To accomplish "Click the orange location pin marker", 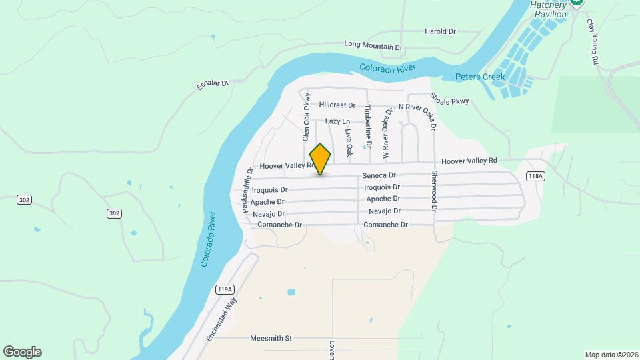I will [x=320, y=159].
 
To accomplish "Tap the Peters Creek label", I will [x=480, y=77].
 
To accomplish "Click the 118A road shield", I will [x=535, y=176].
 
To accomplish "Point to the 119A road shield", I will [x=225, y=289].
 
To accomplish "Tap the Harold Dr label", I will [x=440, y=31].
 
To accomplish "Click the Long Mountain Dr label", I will [x=373, y=46].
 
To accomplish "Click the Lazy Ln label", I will [x=337, y=121].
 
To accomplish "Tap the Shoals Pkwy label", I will [x=450, y=98].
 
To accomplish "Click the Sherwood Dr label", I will [x=434, y=191].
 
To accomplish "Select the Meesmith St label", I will [x=271, y=339].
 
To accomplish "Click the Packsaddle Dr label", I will [x=246, y=191].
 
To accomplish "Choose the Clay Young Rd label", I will [x=591, y=41].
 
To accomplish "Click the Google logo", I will [x=22, y=352].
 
